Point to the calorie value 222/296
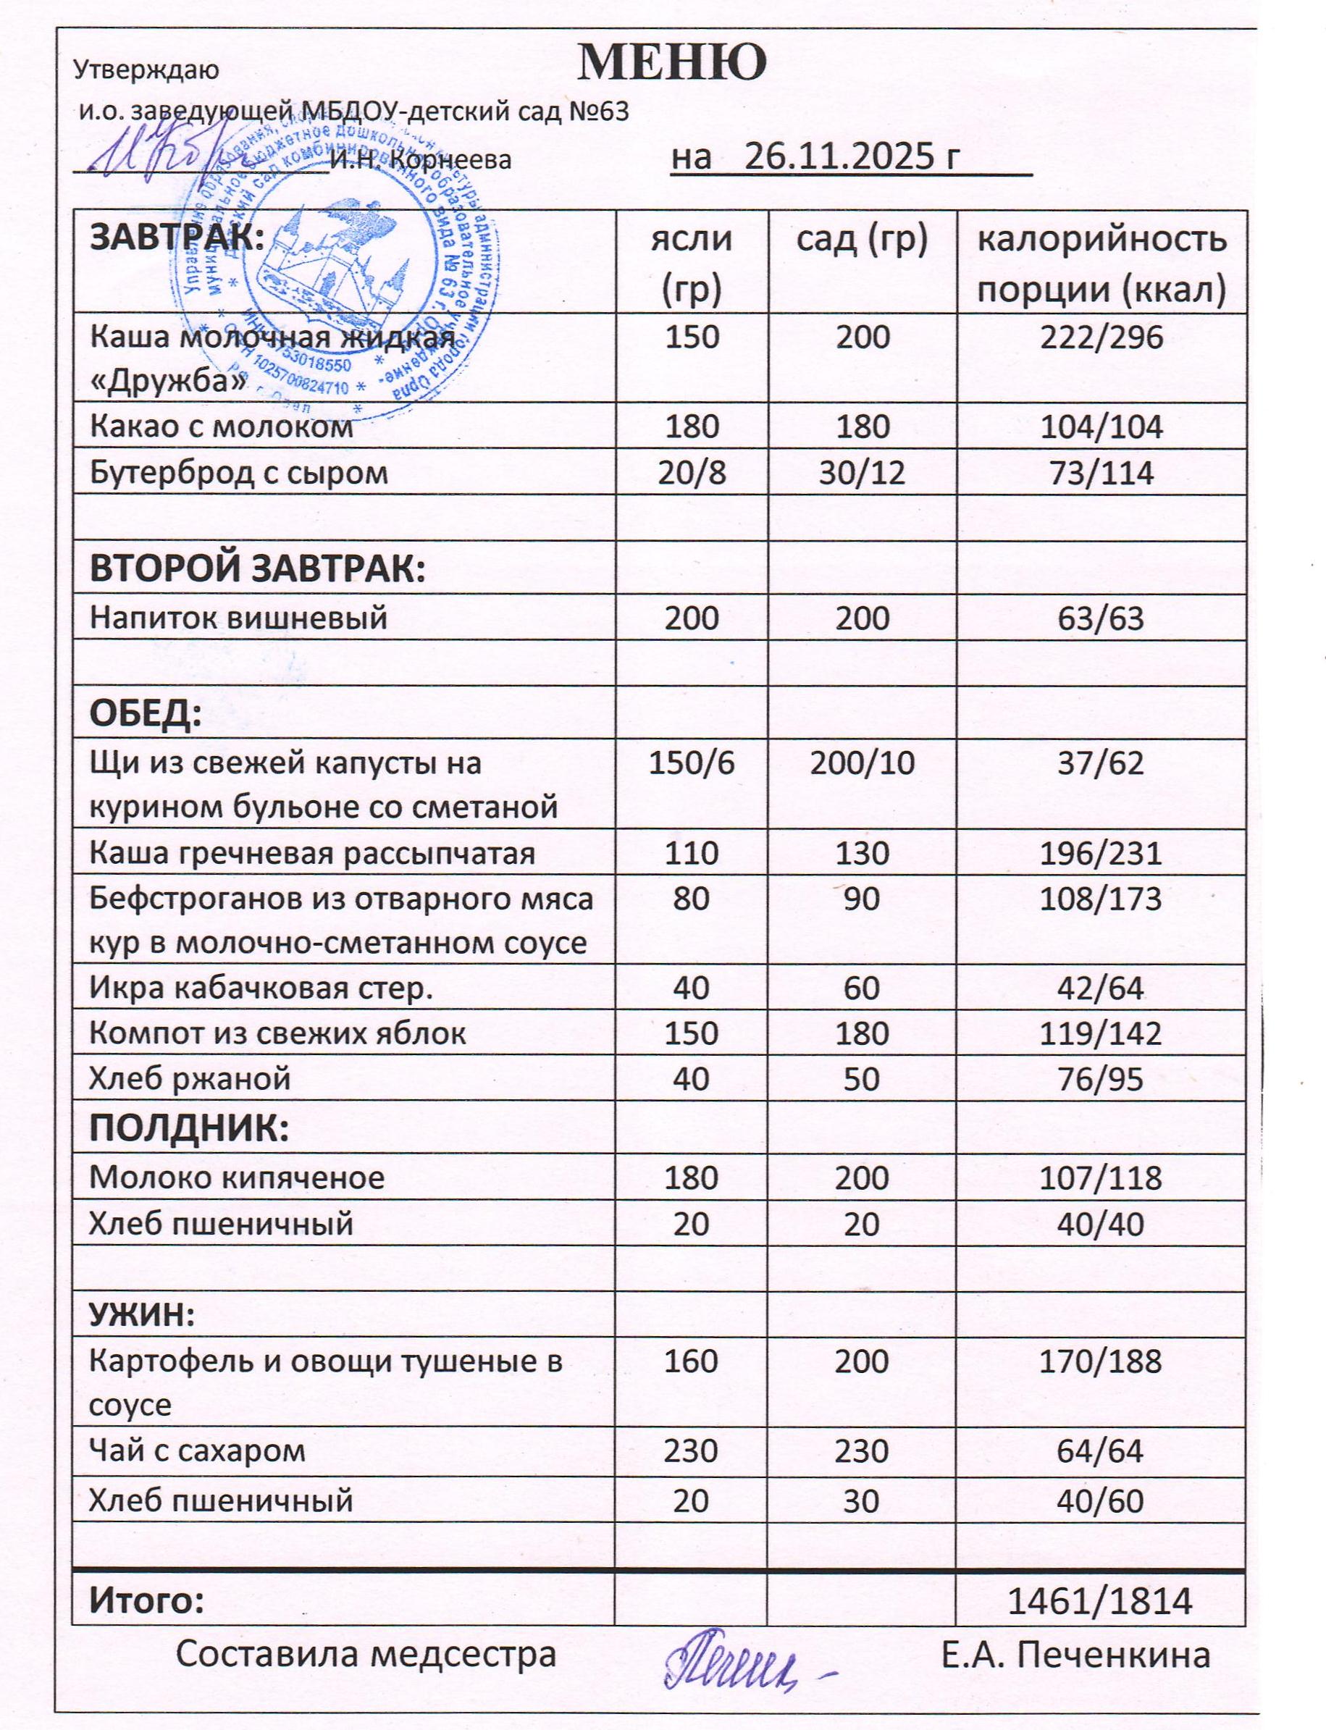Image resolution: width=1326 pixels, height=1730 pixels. point(1101,337)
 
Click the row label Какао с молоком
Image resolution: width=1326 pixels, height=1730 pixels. point(222,427)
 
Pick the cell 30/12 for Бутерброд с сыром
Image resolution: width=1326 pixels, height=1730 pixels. point(861,473)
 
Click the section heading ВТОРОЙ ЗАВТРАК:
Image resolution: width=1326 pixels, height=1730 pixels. point(257,570)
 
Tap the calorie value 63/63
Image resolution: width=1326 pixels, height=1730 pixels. point(1101,617)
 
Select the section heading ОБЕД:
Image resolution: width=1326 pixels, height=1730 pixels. point(146,715)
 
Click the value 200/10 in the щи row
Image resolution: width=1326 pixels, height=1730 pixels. point(861,763)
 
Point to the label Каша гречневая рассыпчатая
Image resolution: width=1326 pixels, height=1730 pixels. point(313,853)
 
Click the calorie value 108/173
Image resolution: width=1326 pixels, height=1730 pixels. point(1101,898)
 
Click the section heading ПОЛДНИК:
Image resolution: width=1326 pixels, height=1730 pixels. point(190,1130)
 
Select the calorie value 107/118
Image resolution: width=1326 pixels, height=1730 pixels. point(1101,1177)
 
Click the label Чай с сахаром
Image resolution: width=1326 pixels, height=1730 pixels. point(197,1450)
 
